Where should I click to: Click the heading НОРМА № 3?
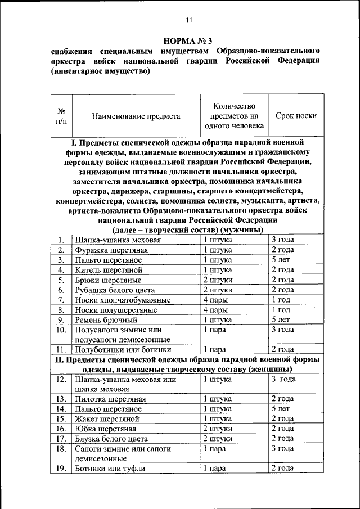[x=188, y=40]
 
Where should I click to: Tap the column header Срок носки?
[x=296, y=116]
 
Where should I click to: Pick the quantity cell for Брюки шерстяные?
[x=218, y=280]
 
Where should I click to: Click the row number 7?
[x=61, y=300]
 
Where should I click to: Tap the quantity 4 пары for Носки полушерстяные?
[x=216, y=310]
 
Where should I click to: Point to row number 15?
[x=61, y=419]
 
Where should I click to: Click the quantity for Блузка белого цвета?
[x=218, y=439]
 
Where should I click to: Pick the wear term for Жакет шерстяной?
[x=282, y=419]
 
